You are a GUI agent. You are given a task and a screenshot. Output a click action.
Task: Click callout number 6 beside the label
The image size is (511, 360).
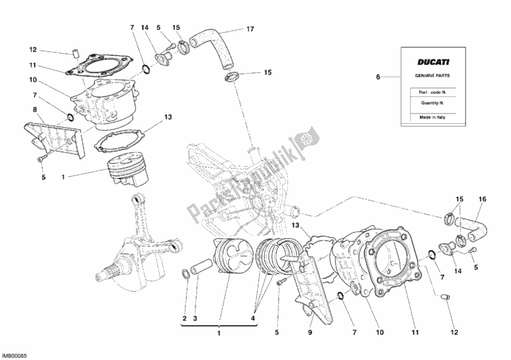(378, 77)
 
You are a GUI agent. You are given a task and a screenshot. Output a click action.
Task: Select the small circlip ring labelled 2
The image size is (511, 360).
(185, 275)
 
